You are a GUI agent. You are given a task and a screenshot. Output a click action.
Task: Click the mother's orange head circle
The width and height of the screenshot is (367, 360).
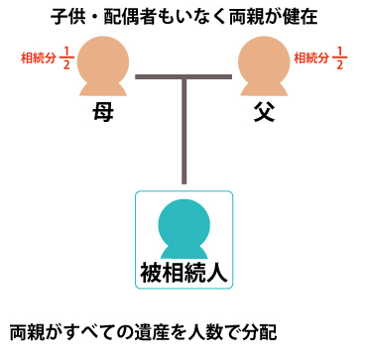click(x=95, y=56)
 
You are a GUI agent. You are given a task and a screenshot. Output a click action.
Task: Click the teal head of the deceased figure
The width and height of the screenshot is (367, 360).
click(x=183, y=216)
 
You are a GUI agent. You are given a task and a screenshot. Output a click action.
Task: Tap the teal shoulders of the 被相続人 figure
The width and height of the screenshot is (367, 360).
click(x=183, y=245)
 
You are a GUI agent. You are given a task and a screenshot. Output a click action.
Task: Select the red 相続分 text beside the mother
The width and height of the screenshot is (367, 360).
click(x=37, y=58)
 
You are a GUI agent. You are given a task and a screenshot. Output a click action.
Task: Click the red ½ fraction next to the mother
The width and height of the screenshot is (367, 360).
click(x=63, y=58)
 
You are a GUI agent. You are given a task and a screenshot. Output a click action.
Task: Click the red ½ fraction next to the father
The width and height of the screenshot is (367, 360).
click(x=339, y=58)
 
